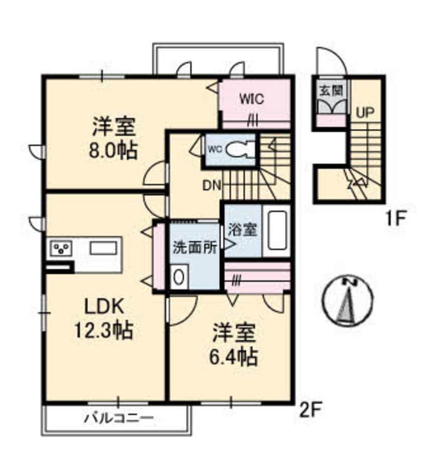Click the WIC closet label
[252, 99]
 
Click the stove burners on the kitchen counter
[62, 248]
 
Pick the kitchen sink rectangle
[103, 248]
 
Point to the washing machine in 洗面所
[178, 277]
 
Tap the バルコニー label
[119, 418]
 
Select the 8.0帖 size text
[114, 150]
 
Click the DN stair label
[212, 186]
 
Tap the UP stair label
[365, 113]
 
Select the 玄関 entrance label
[331, 90]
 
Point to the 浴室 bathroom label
[242, 230]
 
